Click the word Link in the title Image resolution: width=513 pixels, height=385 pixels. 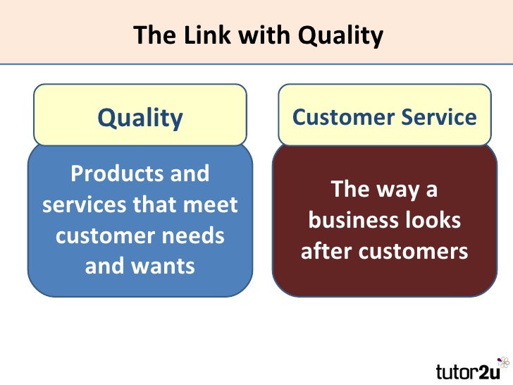[x=191, y=35]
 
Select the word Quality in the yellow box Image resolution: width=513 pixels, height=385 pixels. [x=140, y=118]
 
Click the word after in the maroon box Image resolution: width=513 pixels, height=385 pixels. [x=326, y=251]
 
